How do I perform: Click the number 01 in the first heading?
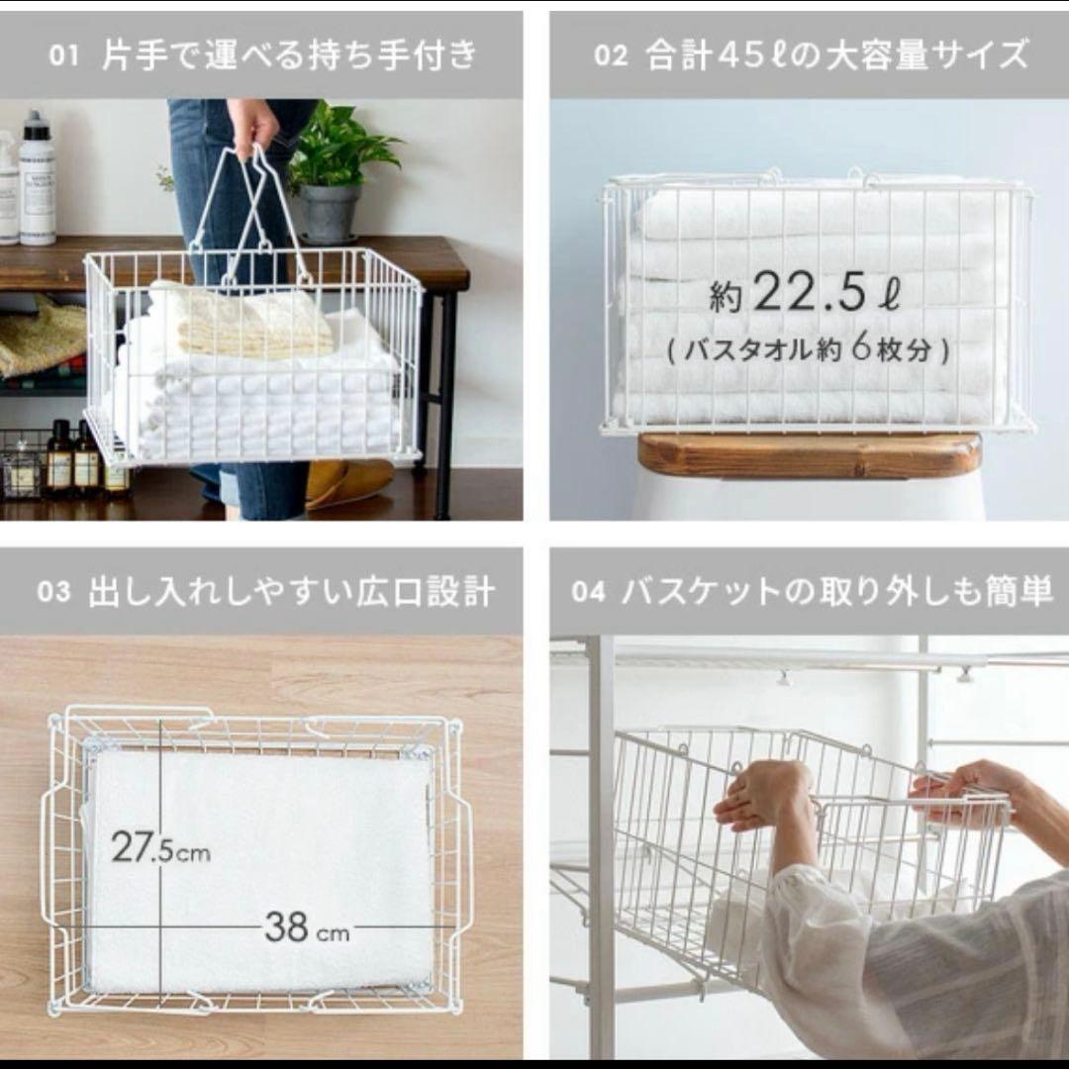tap(63, 55)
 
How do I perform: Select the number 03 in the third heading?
tap(53, 591)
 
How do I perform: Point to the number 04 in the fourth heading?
tap(588, 591)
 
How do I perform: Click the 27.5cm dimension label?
tap(161, 847)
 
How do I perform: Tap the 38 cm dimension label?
tap(308, 927)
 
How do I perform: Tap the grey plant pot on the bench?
tap(329, 213)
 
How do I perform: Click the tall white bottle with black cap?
tap(37, 178)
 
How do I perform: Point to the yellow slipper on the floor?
tap(348, 482)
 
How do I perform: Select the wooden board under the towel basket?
tap(810, 454)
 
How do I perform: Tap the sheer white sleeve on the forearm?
tap(921, 954)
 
